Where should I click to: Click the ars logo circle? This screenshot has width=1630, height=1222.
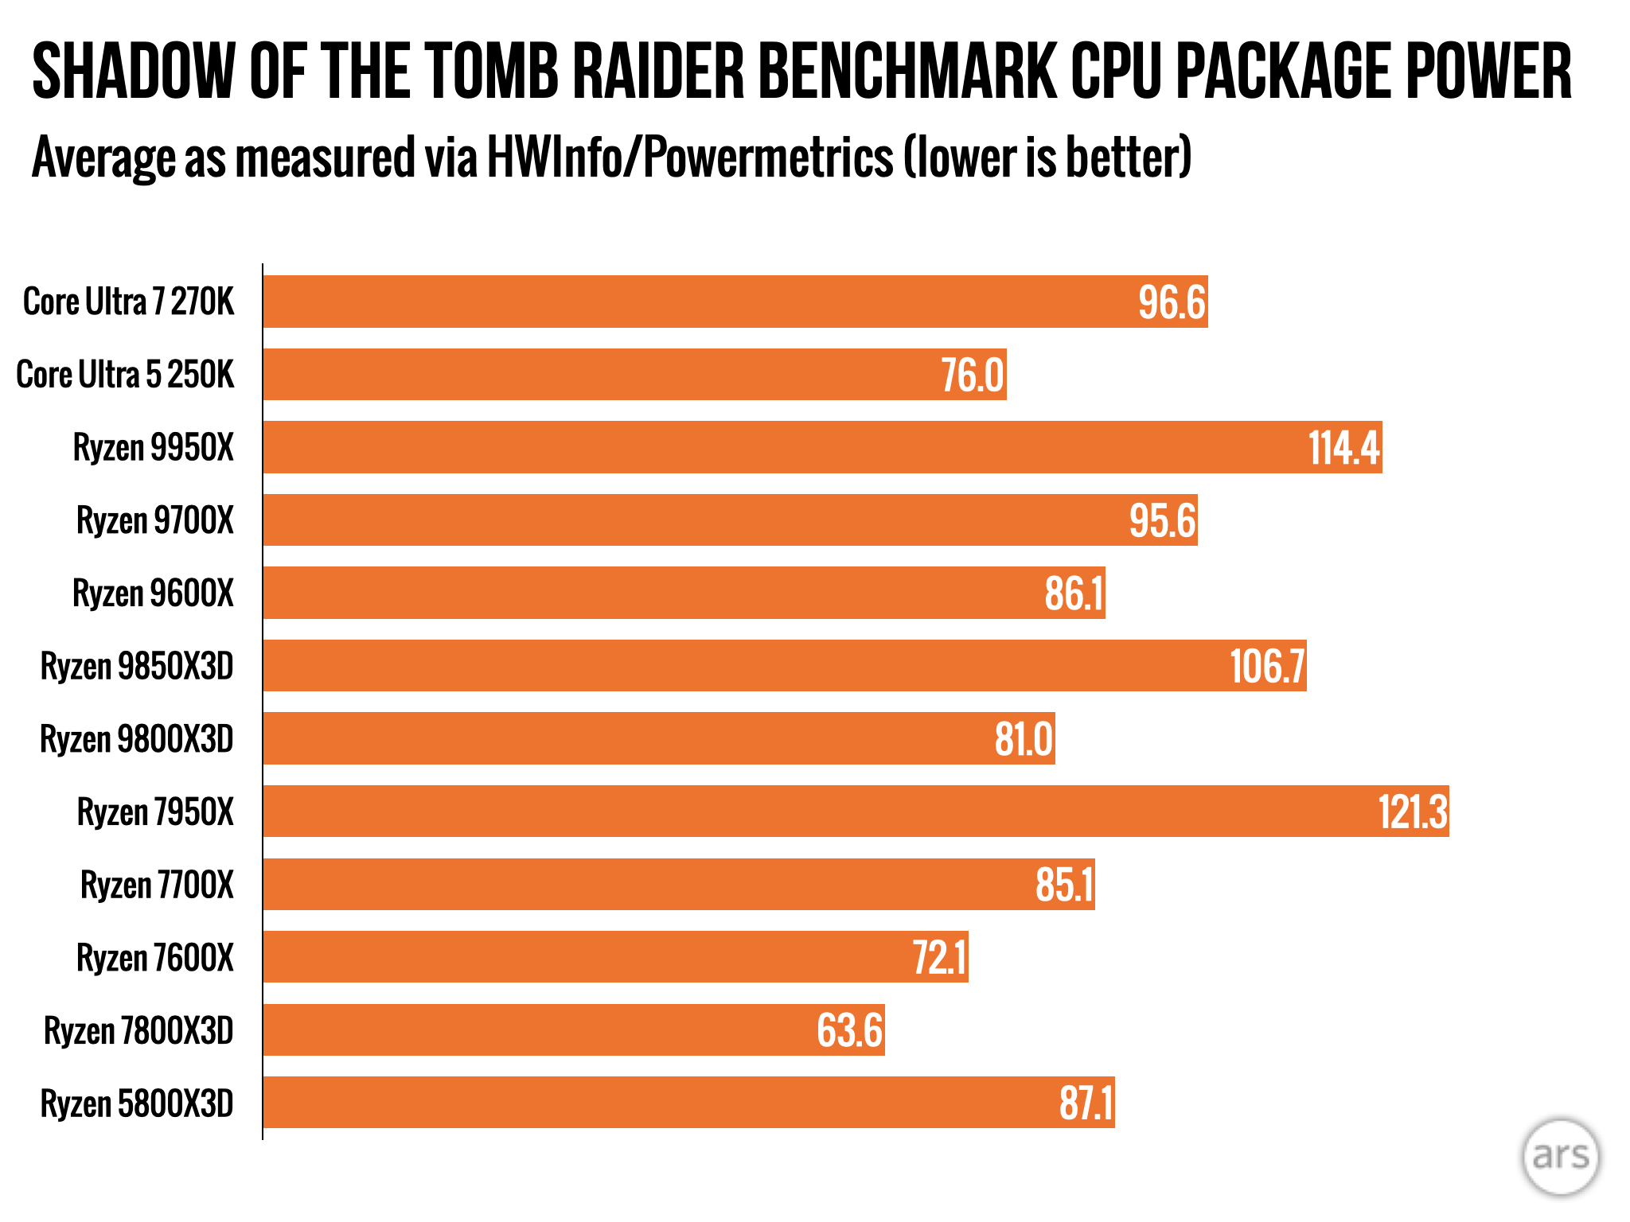1560,1156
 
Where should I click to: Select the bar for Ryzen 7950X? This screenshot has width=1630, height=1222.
856,811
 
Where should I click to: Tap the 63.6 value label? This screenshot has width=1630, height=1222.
849,1030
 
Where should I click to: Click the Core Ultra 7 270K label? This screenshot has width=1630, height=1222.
129,302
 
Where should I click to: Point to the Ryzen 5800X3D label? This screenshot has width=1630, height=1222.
137,1103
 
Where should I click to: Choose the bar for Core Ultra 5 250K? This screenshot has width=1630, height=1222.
634,375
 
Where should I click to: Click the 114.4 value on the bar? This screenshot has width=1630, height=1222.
1343,447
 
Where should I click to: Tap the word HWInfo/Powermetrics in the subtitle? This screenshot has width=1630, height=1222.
690,157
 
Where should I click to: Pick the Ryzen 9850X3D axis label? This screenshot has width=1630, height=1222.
137,666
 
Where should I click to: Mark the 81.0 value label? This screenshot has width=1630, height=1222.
1024,739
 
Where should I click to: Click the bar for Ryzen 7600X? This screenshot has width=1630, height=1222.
615,957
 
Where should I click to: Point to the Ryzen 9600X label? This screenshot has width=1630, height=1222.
153,593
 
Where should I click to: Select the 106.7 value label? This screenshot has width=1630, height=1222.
1267,666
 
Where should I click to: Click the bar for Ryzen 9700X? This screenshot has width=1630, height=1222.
730,520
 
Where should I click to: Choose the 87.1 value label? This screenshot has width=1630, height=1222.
1086,1103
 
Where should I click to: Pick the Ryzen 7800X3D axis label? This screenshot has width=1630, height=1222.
138,1030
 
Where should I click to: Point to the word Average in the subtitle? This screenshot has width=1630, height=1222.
104,157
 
